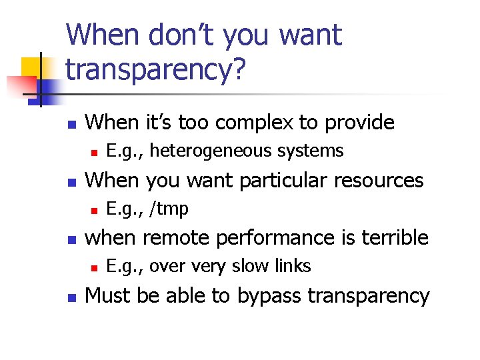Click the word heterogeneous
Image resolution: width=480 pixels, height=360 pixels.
pos(212,151)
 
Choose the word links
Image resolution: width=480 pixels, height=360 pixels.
pos(293,266)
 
